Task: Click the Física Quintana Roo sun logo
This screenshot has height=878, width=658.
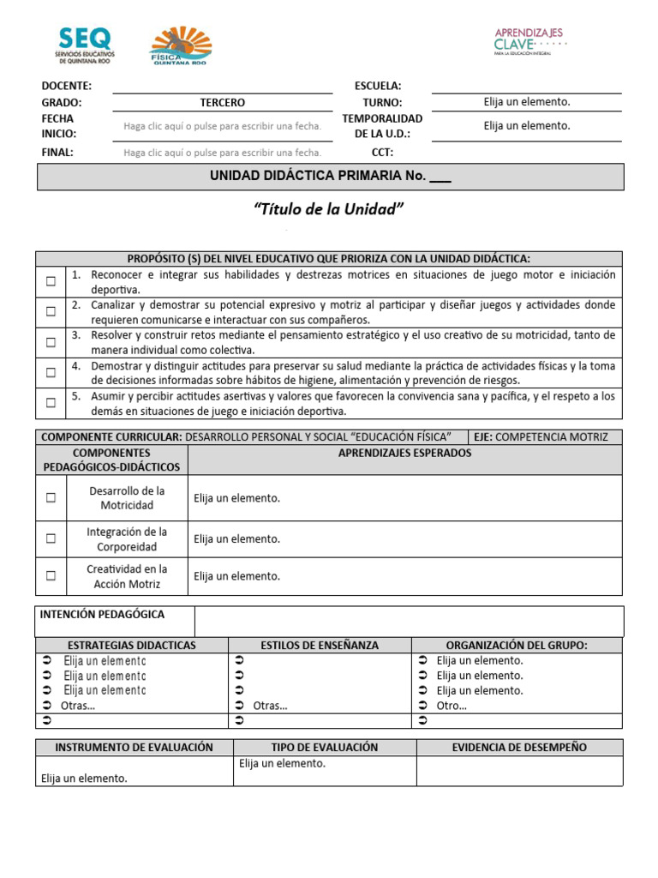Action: click(x=180, y=45)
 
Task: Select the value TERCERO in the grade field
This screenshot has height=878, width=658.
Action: click(x=222, y=102)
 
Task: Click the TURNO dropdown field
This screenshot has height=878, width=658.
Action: click(x=526, y=102)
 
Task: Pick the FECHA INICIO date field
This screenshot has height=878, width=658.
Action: click(x=222, y=126)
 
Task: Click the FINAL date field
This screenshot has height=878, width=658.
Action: click(x=222, y=153)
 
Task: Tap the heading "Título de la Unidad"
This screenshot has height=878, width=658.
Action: click(x=329, y=210)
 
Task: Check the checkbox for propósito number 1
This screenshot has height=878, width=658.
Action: click(x=51, y=281)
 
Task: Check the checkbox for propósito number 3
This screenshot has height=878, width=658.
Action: click(x=51, y=342)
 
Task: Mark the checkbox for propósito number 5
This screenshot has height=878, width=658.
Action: click(x=51, y=402)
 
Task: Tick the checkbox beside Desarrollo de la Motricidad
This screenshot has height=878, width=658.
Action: click(x=51, y=497)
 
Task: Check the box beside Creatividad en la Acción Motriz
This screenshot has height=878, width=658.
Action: click(x=51, y=576)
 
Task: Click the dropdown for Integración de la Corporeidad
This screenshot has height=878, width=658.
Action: click(x=237, y=539)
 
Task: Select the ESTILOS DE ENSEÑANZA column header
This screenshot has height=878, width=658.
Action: click(x=319, y=645)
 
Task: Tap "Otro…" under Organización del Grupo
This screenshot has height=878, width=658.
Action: click(x=452, y=706)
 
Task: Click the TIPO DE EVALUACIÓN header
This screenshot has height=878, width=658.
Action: click(x=324, y=747)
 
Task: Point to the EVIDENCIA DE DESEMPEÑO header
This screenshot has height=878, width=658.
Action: click(x=519, y=747)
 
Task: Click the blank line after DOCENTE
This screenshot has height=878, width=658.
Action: click(x=222, y=86)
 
